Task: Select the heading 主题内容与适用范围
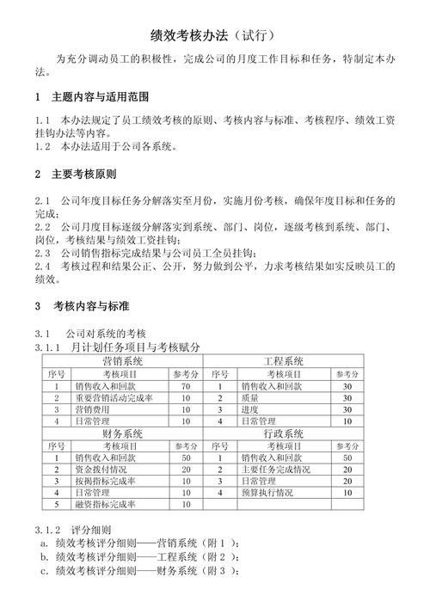coord(100,97)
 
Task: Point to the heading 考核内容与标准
coord(89,305)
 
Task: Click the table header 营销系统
coord(123,362)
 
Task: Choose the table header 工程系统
coord(287,362)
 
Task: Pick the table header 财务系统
coord(123,433)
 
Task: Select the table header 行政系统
coord(287,433)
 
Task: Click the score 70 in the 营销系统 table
coord(185,386)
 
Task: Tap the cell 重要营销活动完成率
coord(114,398)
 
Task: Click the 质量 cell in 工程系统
coord(250,398)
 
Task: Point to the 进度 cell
coord(250,410)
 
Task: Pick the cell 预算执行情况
coord(268,493)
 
